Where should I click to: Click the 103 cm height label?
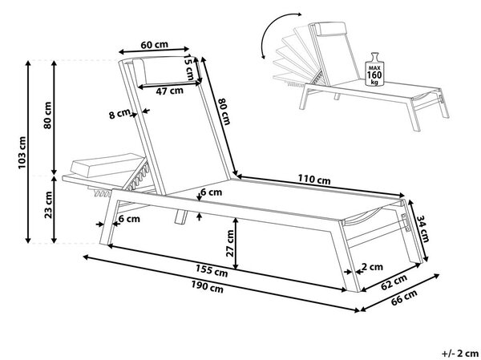[22, 152]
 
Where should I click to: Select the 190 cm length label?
[207, 287]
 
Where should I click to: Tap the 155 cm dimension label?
[212, 270]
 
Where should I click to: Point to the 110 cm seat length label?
[314, 179]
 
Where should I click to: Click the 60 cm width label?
[154, 45]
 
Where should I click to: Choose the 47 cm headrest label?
[169, 91]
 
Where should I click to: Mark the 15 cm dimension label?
[189, 67]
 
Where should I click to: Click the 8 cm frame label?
[119, 114]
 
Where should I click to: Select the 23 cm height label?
[48, 204]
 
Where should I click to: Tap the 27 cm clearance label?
[230, 244]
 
